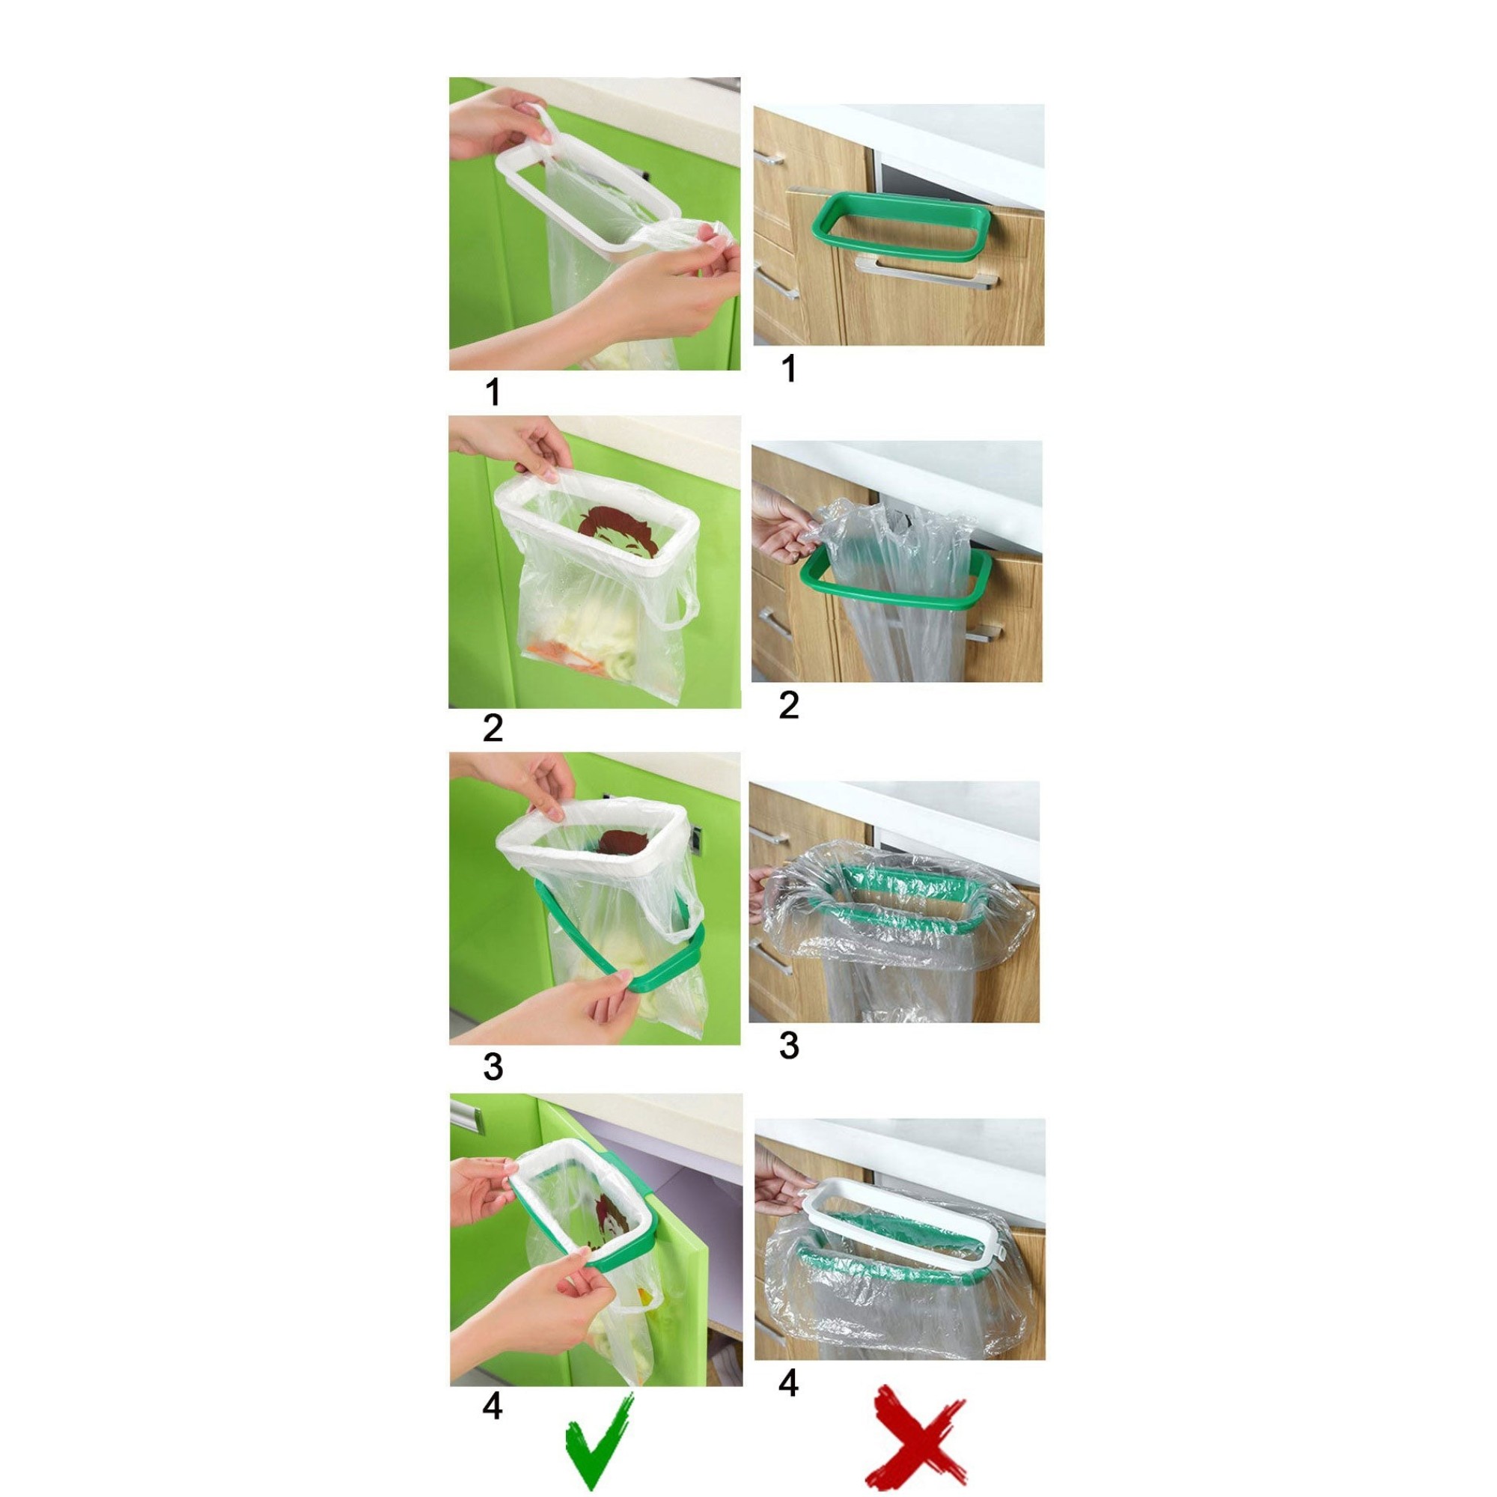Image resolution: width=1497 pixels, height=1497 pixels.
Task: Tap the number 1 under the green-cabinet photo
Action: [x=493, y=392]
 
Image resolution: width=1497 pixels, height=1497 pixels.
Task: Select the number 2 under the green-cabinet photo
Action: [x=493, y=729]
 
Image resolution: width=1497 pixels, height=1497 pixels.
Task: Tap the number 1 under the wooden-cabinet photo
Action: [x=789, y=368]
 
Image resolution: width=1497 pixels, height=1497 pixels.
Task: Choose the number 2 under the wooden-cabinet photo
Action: [x=789, y=705]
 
